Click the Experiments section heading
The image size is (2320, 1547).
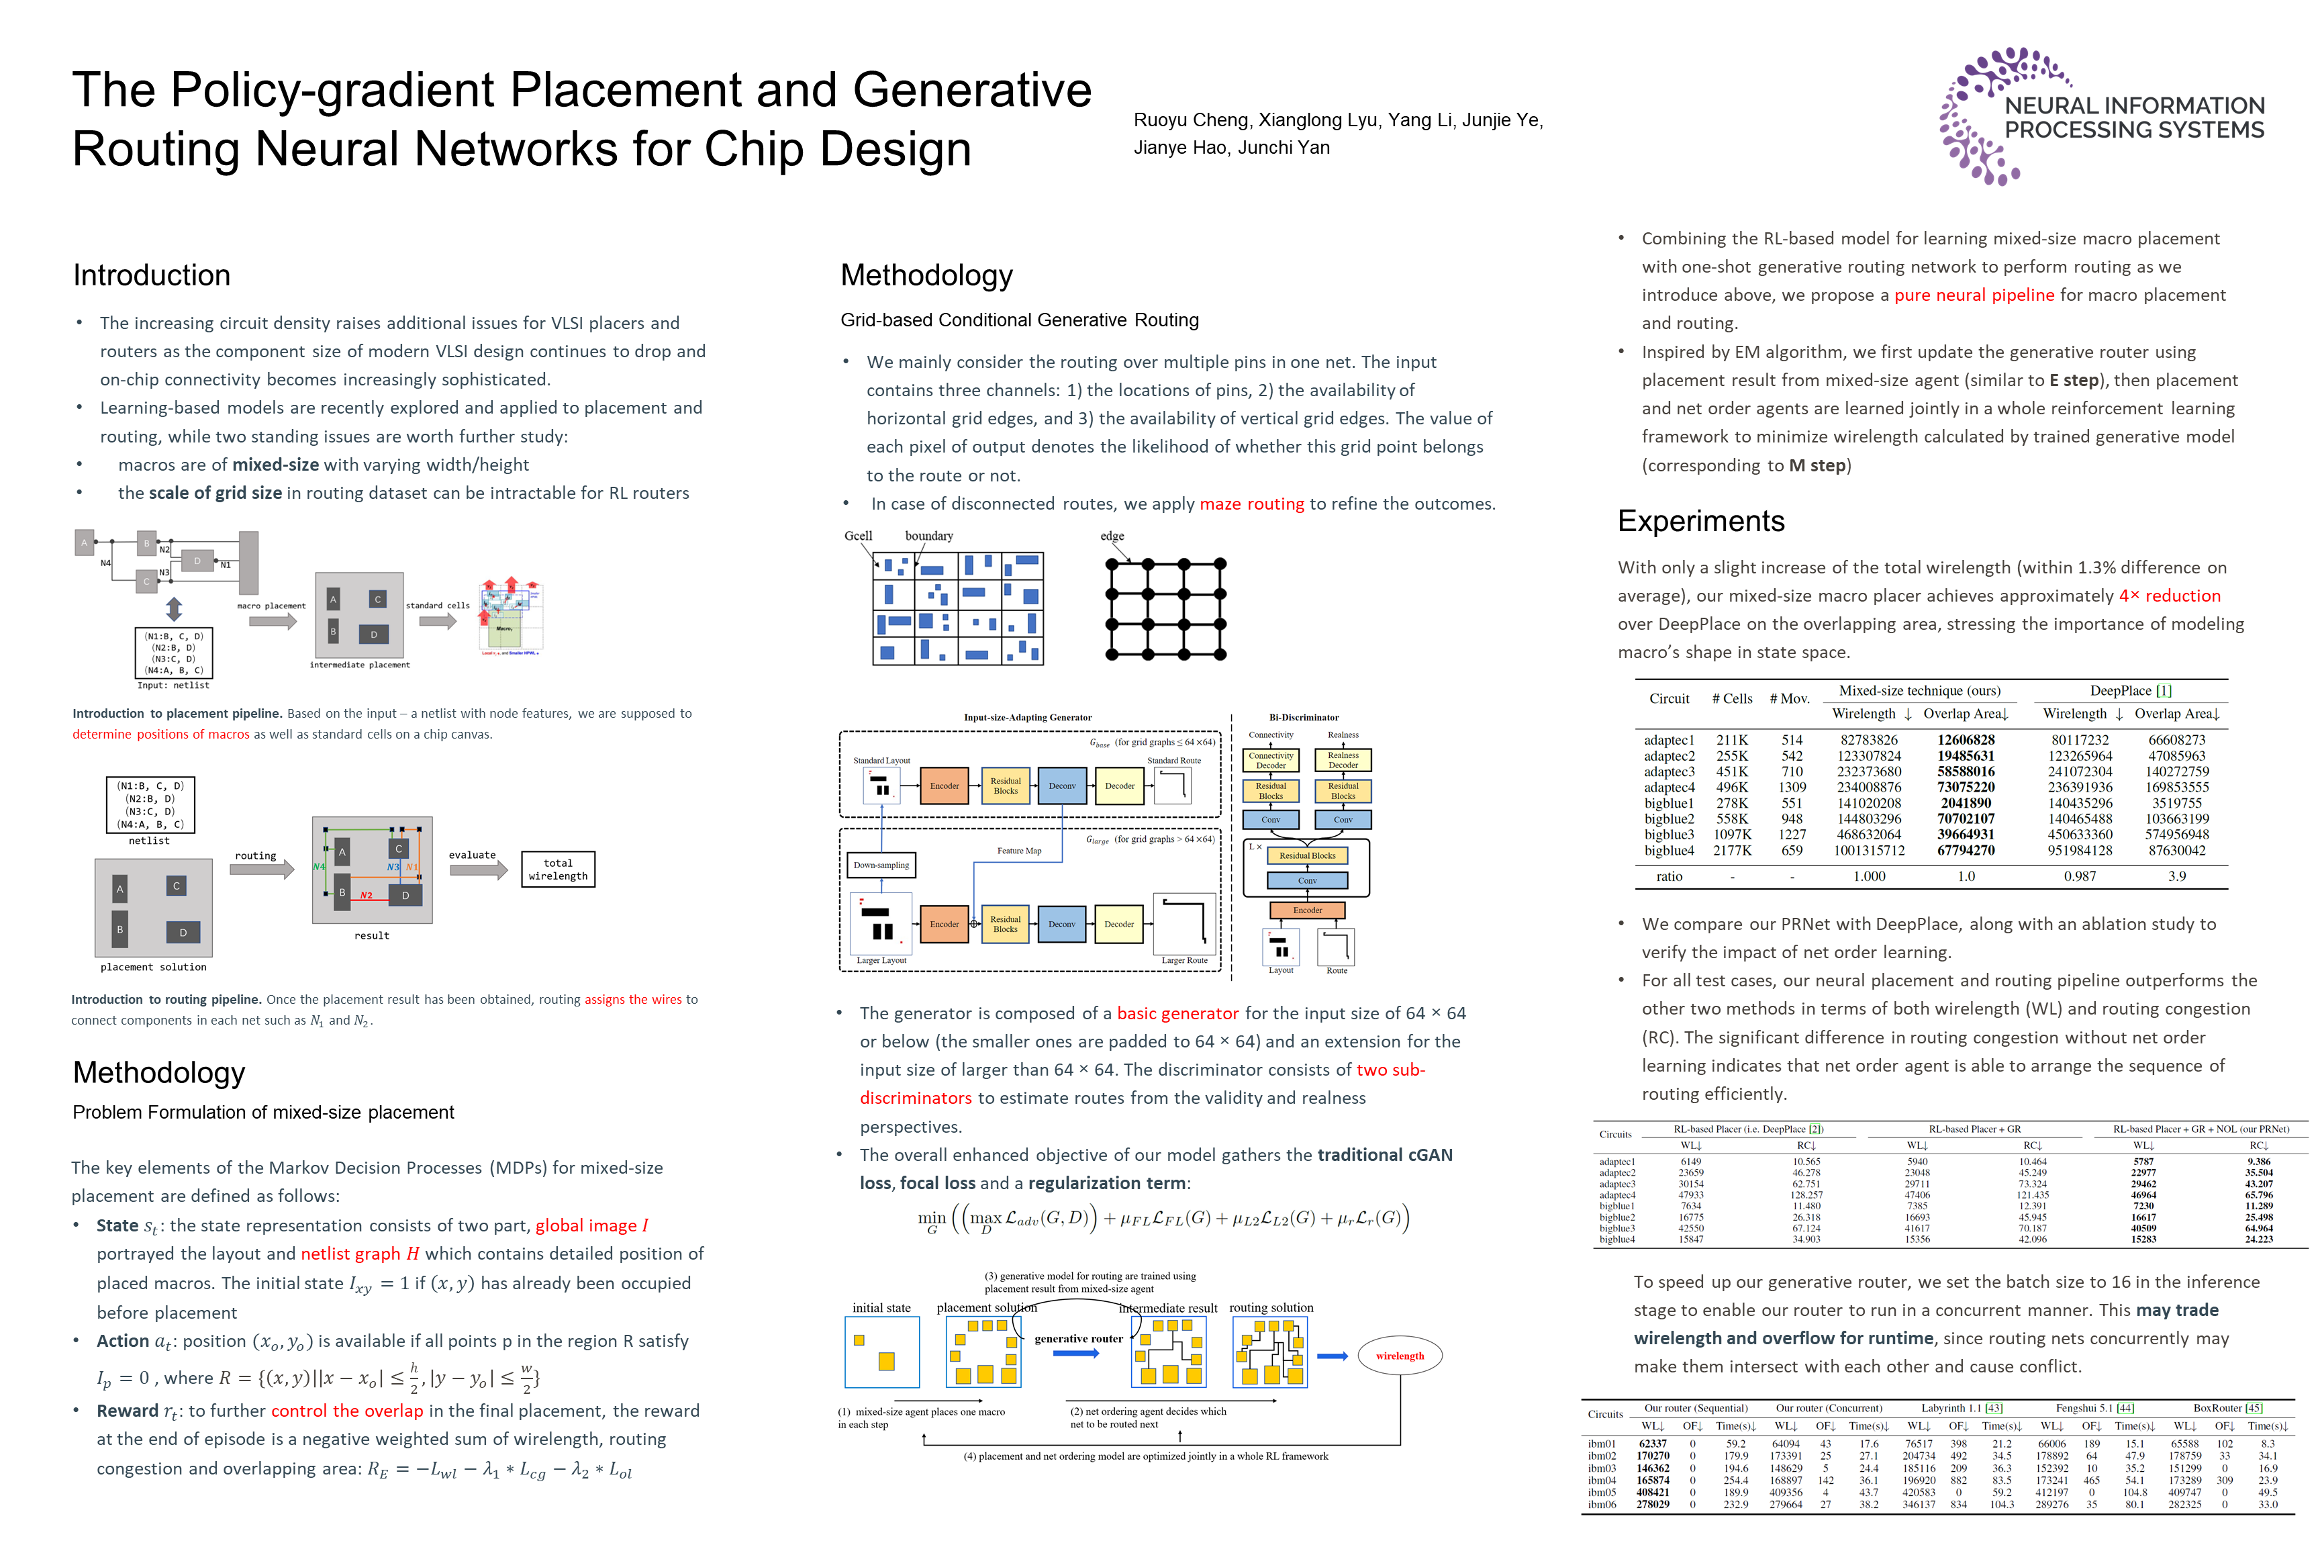[1700, 521]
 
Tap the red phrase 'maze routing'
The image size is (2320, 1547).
[1251, 504]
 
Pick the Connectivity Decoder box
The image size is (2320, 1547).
[1271, 759]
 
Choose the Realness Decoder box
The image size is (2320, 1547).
[1343, 759]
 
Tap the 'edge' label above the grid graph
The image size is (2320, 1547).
[1112, 536]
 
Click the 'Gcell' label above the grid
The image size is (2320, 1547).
[857, 536]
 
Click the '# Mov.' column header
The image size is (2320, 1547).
[1789, 698]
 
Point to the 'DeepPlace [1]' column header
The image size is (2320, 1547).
[2129, 691]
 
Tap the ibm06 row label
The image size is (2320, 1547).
[1602, 1505]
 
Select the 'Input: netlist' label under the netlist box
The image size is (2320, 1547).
[174, 685]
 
